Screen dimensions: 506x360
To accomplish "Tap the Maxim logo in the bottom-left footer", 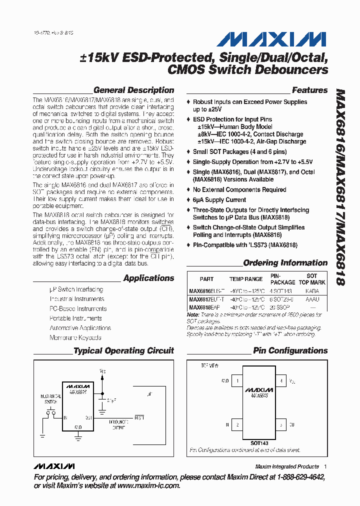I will pyautogui.click(x=53, y=466).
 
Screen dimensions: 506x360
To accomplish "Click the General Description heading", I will pyautogui.click(x=133, y=90).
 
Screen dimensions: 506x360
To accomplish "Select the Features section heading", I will pyautogui.click(x=309, y=90).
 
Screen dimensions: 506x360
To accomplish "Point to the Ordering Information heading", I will pyautogui.click(x=285, y=263).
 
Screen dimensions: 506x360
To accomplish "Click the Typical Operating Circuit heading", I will pyautogui.click(x=123, y=351).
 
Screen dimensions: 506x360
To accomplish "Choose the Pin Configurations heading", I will pyautogui.click(x=290, y=351).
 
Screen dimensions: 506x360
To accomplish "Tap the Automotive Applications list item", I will pyautogui.click(x=80, y=328).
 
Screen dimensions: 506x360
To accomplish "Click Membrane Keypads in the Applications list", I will pyautogui.click(x=75, y=337).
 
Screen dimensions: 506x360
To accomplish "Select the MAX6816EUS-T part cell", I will pyautogui.click(x=206, y=291).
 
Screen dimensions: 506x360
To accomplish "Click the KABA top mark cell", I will pyautogui.click(x=311, y=291).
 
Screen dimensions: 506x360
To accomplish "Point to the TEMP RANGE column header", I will pyautogui.click(x=246, y=279).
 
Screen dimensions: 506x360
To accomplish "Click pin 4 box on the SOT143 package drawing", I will pyautogui.click(x=281, y=381).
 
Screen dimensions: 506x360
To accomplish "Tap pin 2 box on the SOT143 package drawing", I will pyautogui.click(x=237, y=424).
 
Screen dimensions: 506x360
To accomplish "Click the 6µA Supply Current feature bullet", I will pyautogui.click(x=219, y=200).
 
